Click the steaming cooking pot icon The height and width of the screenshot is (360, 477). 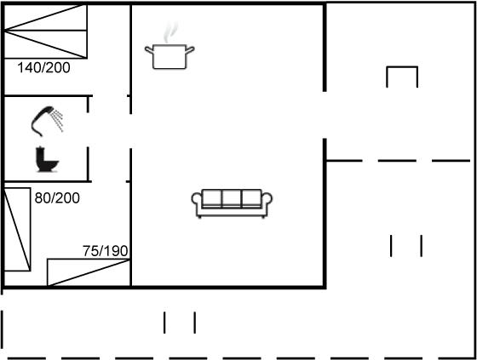point(170,46)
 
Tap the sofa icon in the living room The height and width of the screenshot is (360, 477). point(232,203)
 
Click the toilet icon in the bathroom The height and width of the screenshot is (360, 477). point(47,159)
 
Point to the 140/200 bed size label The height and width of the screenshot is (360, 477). point(43,67)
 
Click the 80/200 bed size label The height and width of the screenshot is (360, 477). point(57,198)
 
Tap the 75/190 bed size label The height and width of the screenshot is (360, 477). point(106,251)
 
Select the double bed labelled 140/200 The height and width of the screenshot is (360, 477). point(46,31)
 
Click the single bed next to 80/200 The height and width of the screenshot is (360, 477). point(17,229)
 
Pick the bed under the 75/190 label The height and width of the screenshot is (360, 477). point(89,272)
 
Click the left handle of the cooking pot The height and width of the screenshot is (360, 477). point(149,49)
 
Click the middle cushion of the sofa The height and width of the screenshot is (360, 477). point(232,198)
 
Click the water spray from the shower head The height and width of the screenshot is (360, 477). point(58,121)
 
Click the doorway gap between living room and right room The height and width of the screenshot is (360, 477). point(325,115)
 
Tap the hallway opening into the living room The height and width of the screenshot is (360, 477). point(131,131)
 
